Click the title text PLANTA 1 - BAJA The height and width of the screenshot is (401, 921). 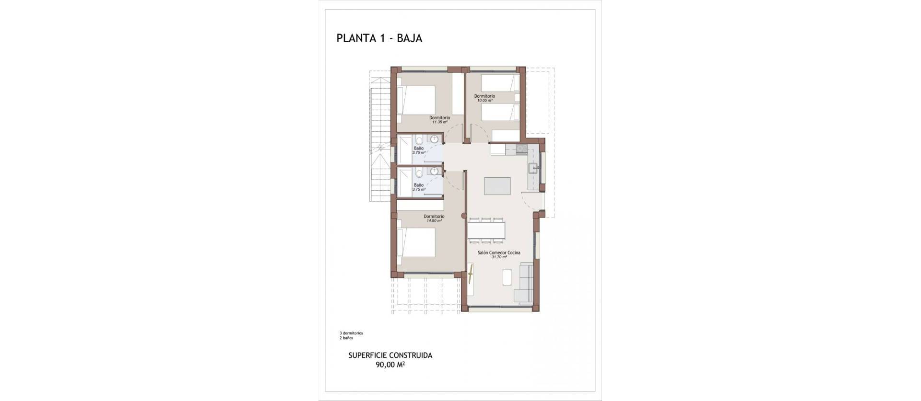point(379,39)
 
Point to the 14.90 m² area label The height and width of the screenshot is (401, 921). point(434,221)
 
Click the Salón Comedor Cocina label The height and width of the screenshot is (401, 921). point(499,252)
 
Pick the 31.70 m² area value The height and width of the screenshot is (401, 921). point(499,257)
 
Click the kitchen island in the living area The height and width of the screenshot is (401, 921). point(497,186)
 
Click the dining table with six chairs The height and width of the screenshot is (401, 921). point(486,230)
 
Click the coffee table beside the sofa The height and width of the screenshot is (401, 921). point(507,277)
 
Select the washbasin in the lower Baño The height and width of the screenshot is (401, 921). point(436,172)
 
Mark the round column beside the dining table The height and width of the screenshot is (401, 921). point(463,216)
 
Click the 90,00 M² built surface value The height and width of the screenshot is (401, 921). point(390,365)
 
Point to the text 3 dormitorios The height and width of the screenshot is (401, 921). point(351,333)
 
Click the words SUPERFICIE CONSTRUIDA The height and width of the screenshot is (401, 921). point(390,355)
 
